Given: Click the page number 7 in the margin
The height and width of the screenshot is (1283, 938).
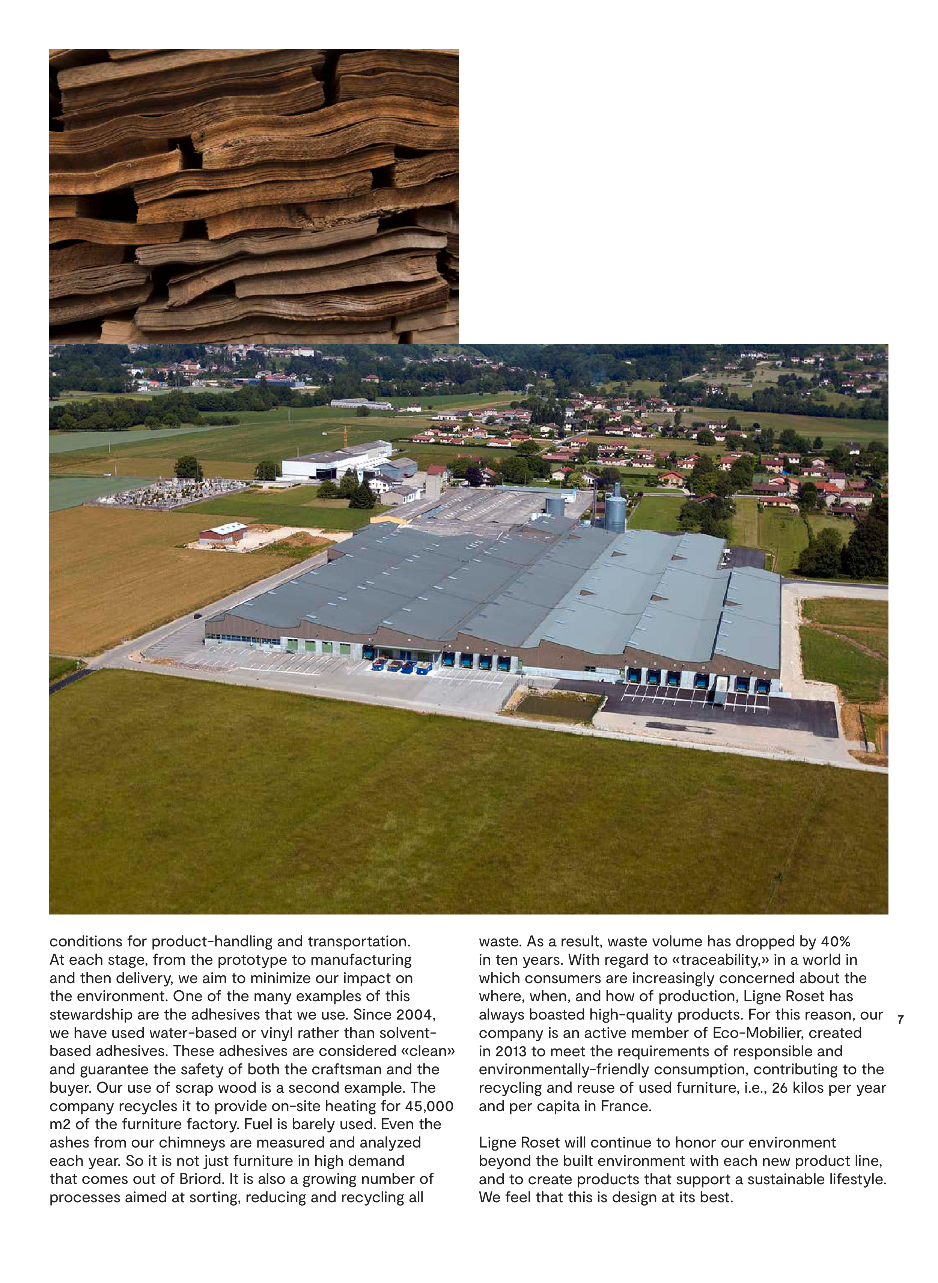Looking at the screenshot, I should (x=900, y=1020).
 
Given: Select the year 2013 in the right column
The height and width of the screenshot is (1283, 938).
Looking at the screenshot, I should (x=510, y=1051).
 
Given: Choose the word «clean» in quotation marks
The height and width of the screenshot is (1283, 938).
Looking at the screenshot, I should (x=428, y=1051).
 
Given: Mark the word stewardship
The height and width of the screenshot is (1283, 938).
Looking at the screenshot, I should (x=90, y=1014).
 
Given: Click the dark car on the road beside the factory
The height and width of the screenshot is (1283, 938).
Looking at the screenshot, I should (x=197, y=615).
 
